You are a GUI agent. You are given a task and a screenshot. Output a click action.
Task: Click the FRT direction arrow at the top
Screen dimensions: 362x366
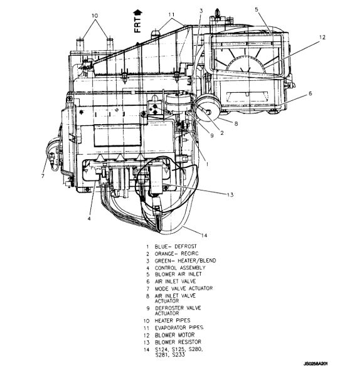[137, 13]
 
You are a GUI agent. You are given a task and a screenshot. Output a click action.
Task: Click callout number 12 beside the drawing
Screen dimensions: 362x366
[322, 37]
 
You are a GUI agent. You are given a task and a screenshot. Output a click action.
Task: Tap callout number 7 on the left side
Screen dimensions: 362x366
[43, 176]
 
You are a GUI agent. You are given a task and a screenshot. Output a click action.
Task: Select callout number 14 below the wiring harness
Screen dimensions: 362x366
[204, 235]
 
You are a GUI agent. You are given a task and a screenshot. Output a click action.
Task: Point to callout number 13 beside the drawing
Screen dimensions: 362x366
[230, 195]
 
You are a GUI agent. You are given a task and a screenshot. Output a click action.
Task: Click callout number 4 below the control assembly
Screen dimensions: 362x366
[89, 219]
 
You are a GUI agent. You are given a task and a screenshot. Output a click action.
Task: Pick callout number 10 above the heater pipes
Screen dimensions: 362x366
[95, 16]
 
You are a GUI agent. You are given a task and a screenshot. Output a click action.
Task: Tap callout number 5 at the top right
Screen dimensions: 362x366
[257, 9]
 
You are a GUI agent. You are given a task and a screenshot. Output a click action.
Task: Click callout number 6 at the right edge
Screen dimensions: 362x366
[310, 93]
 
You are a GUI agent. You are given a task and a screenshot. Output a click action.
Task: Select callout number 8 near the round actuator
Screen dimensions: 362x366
[236, 123]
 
